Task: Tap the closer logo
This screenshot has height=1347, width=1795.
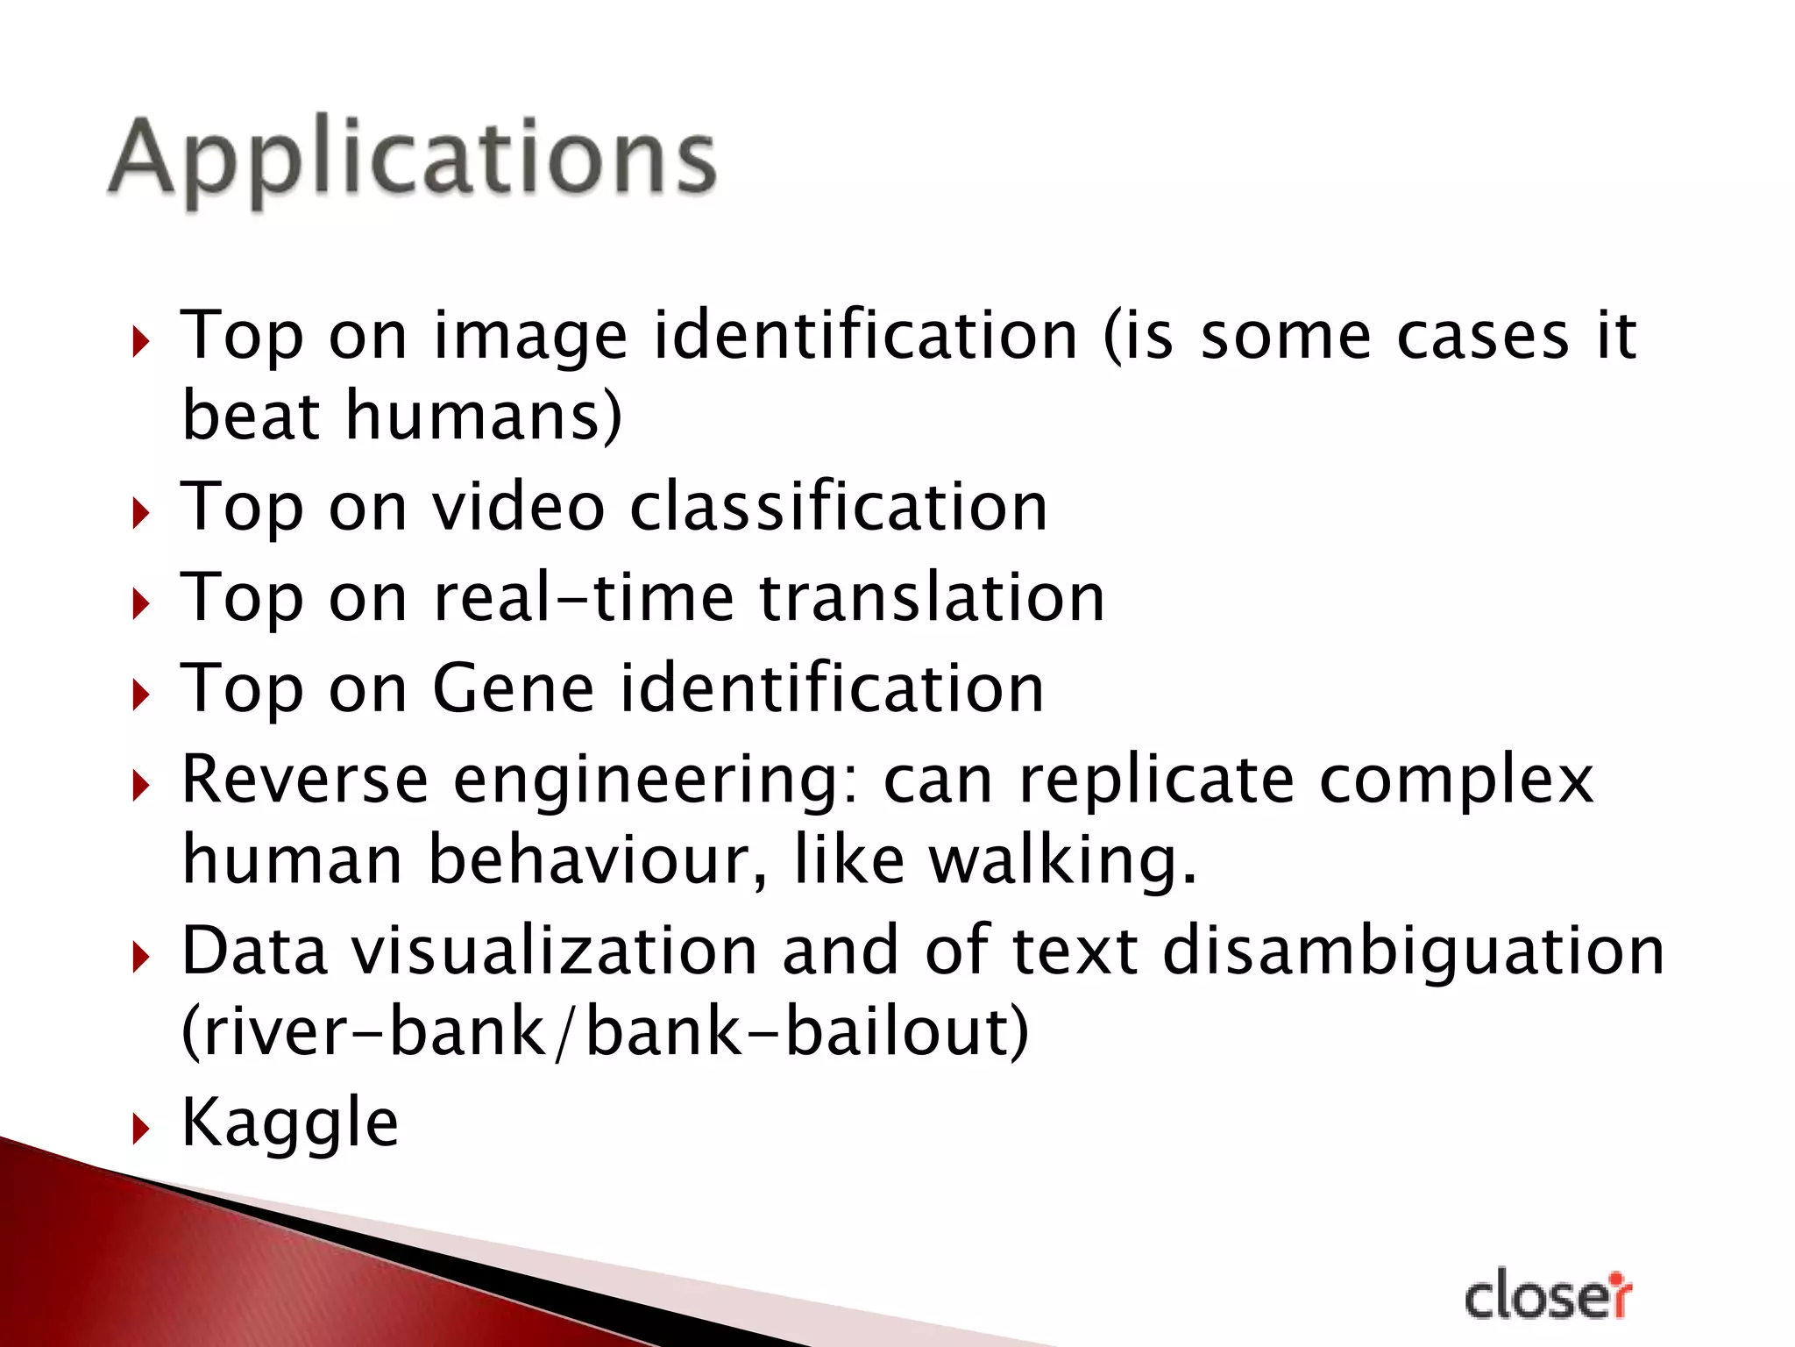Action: tap(1547, 1296)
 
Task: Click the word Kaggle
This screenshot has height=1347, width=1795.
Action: tap(290, 1122)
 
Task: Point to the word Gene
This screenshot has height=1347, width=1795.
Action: tap(514, 689)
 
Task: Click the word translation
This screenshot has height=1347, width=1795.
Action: tap(932, 598)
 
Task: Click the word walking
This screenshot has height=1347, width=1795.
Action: tap(1062, 861)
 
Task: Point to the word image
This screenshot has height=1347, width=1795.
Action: tap(530, 337)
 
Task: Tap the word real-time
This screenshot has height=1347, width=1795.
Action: tap(584, 598)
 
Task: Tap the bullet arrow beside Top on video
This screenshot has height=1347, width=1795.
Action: tap(141, 513)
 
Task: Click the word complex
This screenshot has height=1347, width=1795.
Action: tap(1456, 780)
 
